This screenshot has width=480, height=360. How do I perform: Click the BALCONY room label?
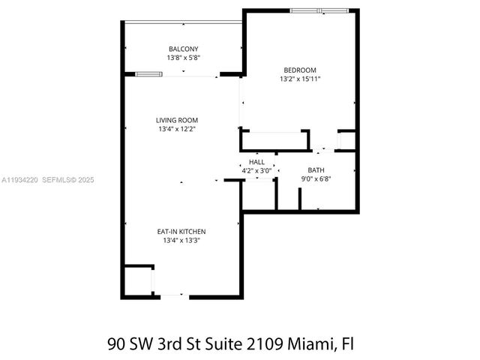[x=183, y=49]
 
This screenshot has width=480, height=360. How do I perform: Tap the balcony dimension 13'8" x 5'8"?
[x=183, y=58]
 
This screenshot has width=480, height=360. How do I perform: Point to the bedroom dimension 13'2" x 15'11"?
[x=300, y=79]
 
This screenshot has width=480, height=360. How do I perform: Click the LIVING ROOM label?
[x=177, y=120]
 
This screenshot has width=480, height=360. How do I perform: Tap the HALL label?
[x=257, y=162]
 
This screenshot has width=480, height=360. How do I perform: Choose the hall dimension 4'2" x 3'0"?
[x=257, y=171]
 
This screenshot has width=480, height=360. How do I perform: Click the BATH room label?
[x=316, y=170]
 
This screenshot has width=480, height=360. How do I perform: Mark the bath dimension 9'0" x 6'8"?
[x=316, y=179]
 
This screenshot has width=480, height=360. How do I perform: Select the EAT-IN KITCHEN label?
[x=181, y=232]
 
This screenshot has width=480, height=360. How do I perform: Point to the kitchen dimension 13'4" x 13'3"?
[x=181, y=241]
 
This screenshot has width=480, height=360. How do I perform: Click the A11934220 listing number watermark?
[x=19, y=180]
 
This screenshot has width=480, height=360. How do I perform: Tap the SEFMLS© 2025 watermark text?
[x=67, y=180]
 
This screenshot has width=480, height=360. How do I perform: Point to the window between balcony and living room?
[x=148, y=74]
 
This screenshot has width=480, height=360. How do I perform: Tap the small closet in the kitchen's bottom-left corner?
[x=137, y=280]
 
